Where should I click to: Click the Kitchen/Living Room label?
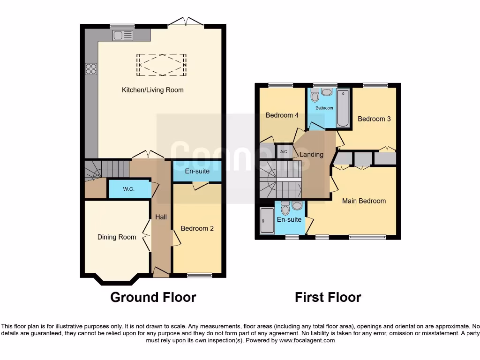point(153,90)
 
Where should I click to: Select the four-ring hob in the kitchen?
point(91,69)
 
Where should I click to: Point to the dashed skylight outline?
point(162,65)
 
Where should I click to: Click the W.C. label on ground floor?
point(129,189)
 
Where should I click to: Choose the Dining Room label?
point(117,237)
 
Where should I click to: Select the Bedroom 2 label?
point(197,229)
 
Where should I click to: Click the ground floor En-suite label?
point(197,171)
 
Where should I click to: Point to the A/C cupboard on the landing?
point(284,152)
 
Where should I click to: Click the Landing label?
point(311,155)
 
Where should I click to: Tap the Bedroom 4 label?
point(282,115)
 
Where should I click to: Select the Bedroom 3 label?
point(374,119)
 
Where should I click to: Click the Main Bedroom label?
point(364,201)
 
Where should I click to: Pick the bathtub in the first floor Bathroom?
point(343,108)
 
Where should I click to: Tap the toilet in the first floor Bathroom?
point(315,97)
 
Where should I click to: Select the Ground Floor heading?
point(153,297)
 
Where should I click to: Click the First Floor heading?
point(328,297)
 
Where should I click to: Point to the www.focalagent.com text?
point(307,340)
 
